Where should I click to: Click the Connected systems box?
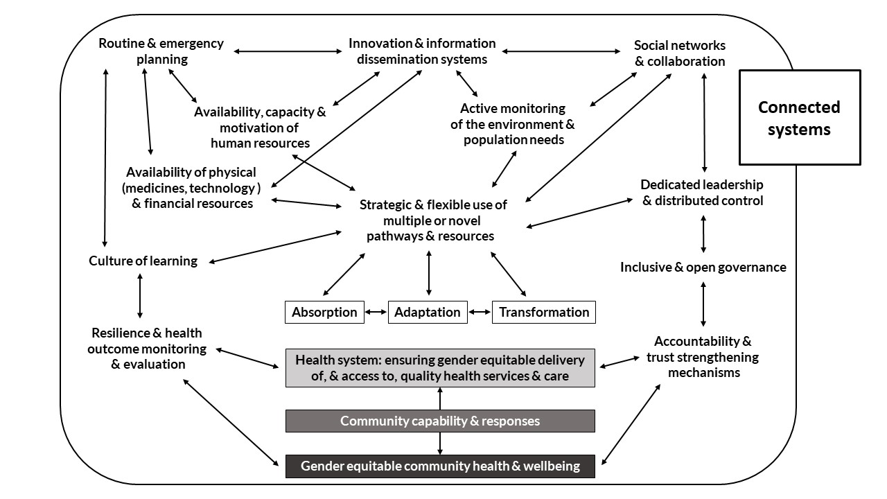tap(799, 117)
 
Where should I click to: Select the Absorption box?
tap(324, 312)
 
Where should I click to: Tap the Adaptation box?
tap(427, 312)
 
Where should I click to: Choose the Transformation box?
tap(544, 312)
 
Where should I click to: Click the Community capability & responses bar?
tap(440, 421)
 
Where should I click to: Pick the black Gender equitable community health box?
tap(440, 466)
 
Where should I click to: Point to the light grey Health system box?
tap(440, 368)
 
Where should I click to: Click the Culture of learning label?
tap(143, 261)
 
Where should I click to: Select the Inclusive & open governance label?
tap(703, 267)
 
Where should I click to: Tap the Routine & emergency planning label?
tap(161, 51)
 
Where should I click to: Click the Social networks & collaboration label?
tap(680, 53)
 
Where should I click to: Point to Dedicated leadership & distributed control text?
tap(702, 193)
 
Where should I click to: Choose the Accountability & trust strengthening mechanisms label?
tap(703, 357)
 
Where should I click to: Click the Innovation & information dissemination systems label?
tap(422, 51)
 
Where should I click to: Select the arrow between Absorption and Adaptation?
tap(376, 312)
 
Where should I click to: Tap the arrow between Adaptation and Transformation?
tap(480, 312)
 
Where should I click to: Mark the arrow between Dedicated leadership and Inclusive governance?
tap(704, 234)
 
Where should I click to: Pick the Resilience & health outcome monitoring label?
tap(147, 349)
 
